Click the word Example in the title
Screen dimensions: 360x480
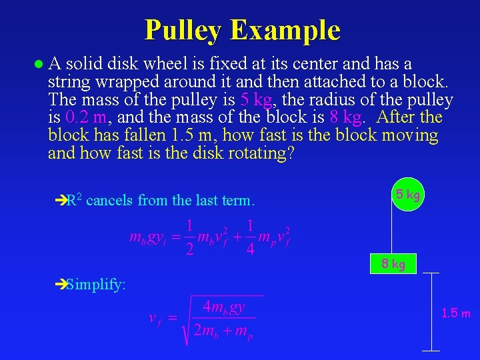285,30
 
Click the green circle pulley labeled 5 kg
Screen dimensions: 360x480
407,195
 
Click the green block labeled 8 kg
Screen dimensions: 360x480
393,264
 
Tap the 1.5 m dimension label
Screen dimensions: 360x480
456,313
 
